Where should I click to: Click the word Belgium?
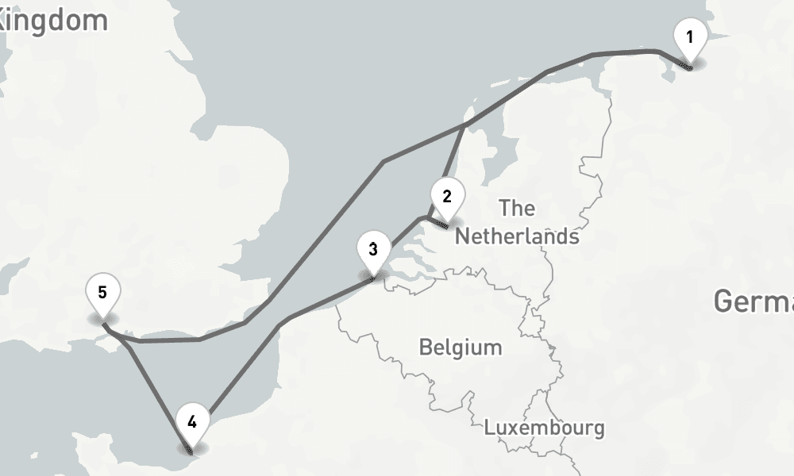[461, 347]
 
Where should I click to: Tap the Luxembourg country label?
[544, 428]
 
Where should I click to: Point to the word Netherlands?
[516, 236]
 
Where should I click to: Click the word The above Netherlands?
[517, 209]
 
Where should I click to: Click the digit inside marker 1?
[689, 36]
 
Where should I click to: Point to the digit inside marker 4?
[192, 422]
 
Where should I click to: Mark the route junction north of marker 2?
[464, 125]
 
